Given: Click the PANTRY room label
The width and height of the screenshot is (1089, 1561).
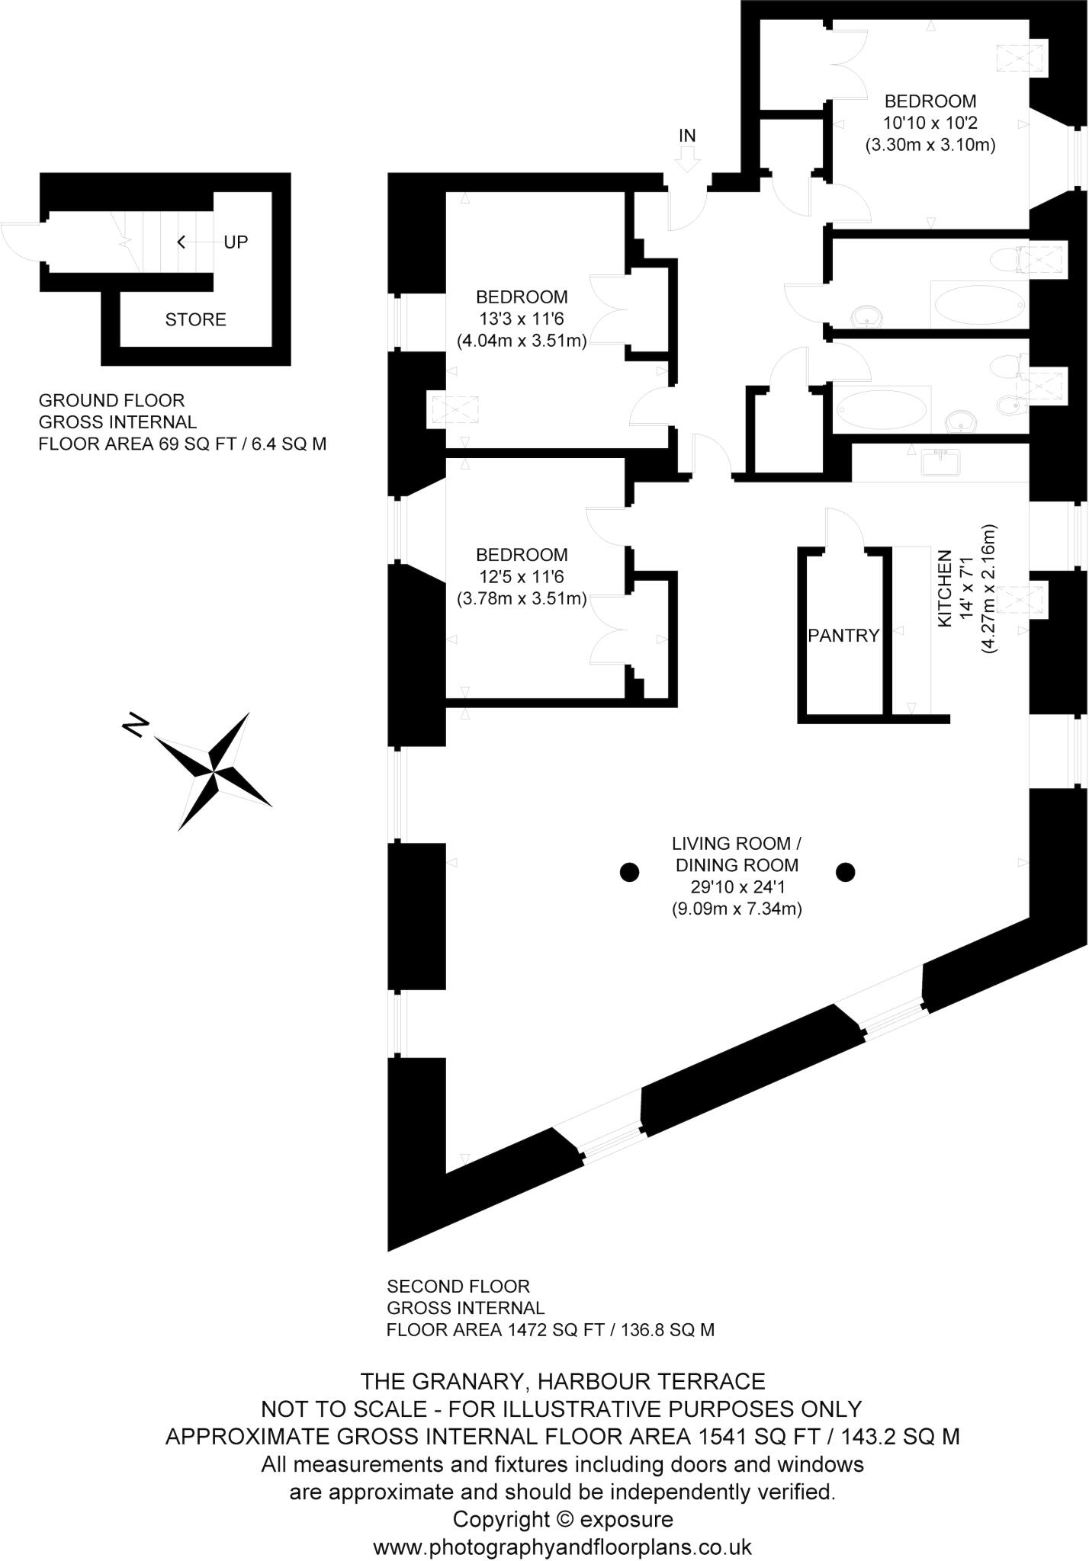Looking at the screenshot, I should [x=843, y=636].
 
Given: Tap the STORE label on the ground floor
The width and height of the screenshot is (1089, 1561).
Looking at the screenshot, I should [x=195, y=319].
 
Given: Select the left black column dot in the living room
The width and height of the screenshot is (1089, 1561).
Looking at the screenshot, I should [x=628, y=872].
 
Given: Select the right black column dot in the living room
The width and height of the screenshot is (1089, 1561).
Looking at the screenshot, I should [x=845, y=872].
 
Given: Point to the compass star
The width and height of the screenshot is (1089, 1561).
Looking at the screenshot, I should [x=214, y=771].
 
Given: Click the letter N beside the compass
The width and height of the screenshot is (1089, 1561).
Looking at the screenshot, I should [x=134, y=725].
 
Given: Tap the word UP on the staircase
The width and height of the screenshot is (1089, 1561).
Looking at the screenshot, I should [x=236, y=242].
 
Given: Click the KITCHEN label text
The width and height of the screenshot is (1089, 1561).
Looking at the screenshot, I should [x=944, y=588].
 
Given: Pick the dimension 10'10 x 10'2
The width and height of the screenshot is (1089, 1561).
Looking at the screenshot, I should [x=930, y=123].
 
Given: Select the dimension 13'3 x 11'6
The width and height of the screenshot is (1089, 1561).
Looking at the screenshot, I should [x=522, y=319].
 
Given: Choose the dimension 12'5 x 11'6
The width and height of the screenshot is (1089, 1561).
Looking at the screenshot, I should [x=522, y=577].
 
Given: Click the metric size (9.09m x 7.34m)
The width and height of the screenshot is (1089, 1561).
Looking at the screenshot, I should [x=736, y=909].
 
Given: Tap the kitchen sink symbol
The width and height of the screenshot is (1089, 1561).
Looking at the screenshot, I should [x=943, y=461].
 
